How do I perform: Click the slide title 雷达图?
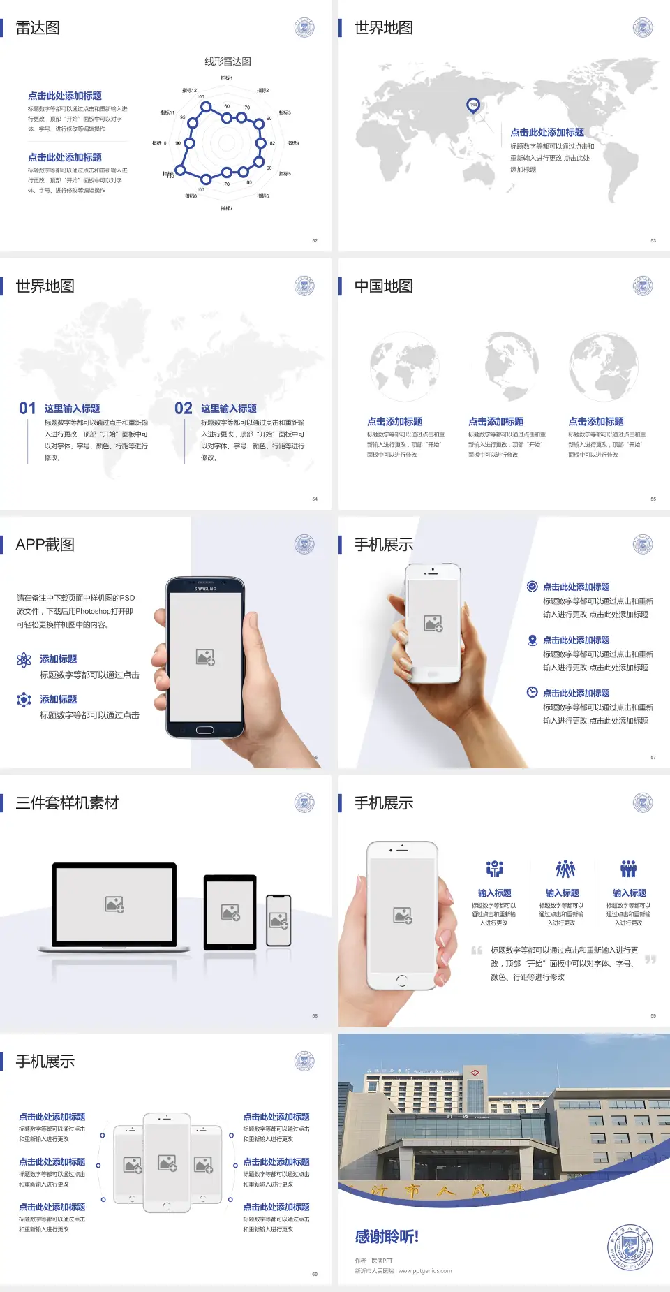click(x=38, y=28)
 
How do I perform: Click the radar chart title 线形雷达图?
click(x=228, y=61)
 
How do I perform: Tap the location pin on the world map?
click(x=472, y=105)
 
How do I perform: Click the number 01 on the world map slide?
click(x=27, y=408)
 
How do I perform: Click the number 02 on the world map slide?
click(x=184, y=408)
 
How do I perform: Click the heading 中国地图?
click(x=383, y=286)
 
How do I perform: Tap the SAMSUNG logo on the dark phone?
click(x=205, y=589)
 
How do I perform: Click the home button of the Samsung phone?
click(x=204, y=730)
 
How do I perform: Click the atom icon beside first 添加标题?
click(x=24, y=660)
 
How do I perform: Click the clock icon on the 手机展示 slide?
click(x=532, y=692)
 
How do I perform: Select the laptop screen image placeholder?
click(x=114, y=904)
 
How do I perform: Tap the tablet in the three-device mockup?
click(x=230, y=911)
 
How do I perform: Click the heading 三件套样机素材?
click(x=67, y=803)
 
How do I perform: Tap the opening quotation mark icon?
click(x=477, y=950)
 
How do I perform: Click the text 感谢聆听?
click(x=387, y=1237)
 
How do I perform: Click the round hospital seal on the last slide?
click(x=631, y=1247)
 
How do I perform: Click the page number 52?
click(x=315, y=240)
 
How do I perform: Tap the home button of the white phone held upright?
click(x=401, y=980)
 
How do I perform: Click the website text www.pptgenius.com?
click(x=425, y=1271)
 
